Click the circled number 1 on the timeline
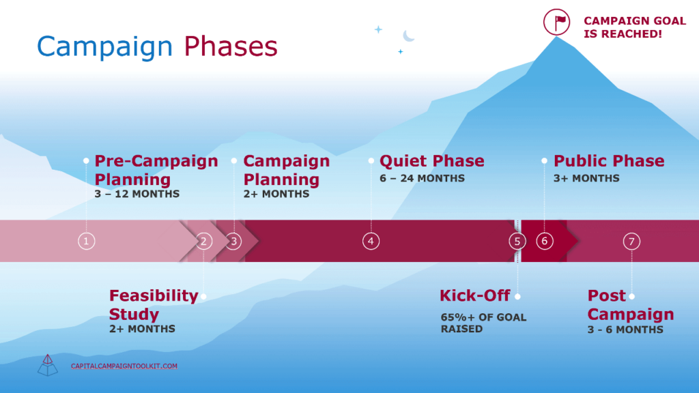coord(86,241)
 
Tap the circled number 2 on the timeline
coord(203,241)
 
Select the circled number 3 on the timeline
coord(233,241)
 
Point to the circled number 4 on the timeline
coord(371,241)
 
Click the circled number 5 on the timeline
coord(517,241)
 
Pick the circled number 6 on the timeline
coord(544,241)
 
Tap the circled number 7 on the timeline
coord(632,241)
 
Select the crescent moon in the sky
coord(408,35)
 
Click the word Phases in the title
coord(231,46)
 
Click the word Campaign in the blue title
coord(104,46)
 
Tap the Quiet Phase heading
coord(431,161)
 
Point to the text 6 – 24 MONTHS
coord(422,179)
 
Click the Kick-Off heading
coord(474,295)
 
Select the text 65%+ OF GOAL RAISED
coord(483,323)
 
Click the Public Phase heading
coord(609,161)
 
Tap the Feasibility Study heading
coord(153,305)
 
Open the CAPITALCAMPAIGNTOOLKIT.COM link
coord(124,366)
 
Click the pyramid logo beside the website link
coord(47,365)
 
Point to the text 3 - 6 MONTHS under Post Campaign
coord(625,330)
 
